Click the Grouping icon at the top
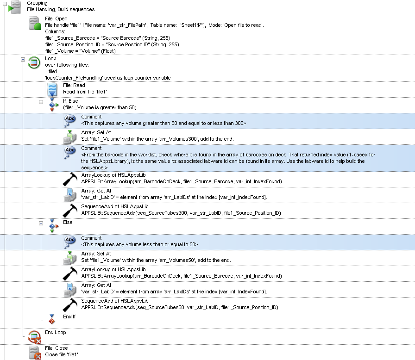pos(15,7)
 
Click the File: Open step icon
pos(34,23)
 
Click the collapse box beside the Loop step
pos(22,60)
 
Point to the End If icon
pos(52,319)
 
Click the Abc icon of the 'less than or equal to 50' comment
pos(70,241)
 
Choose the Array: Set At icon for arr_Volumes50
pos(70,257)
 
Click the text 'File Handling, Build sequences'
pos(60,9)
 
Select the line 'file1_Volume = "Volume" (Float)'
pos(80,51)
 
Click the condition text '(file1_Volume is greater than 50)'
pos(100,107)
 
